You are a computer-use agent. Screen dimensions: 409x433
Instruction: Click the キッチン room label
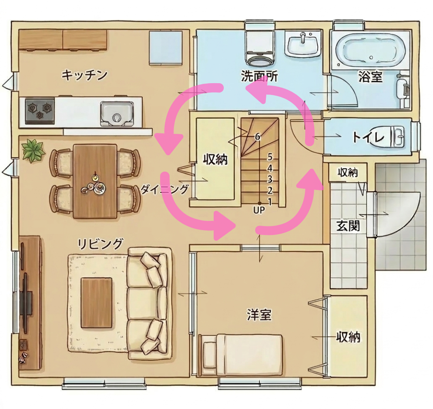[x=84, y=75]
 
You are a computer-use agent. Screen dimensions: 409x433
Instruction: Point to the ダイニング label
[x=165, y=189]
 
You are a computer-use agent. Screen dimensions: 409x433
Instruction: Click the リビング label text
[x=100, y=244]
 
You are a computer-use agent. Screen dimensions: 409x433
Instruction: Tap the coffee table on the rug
[x=96, y=303]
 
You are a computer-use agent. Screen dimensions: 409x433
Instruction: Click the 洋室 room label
[x=259, y=314]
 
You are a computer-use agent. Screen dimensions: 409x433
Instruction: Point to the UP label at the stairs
[x=259, y=210]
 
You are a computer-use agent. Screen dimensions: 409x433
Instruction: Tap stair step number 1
[x=270, y=201]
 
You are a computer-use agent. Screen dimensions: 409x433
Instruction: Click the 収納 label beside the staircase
[x=215, y=159]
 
